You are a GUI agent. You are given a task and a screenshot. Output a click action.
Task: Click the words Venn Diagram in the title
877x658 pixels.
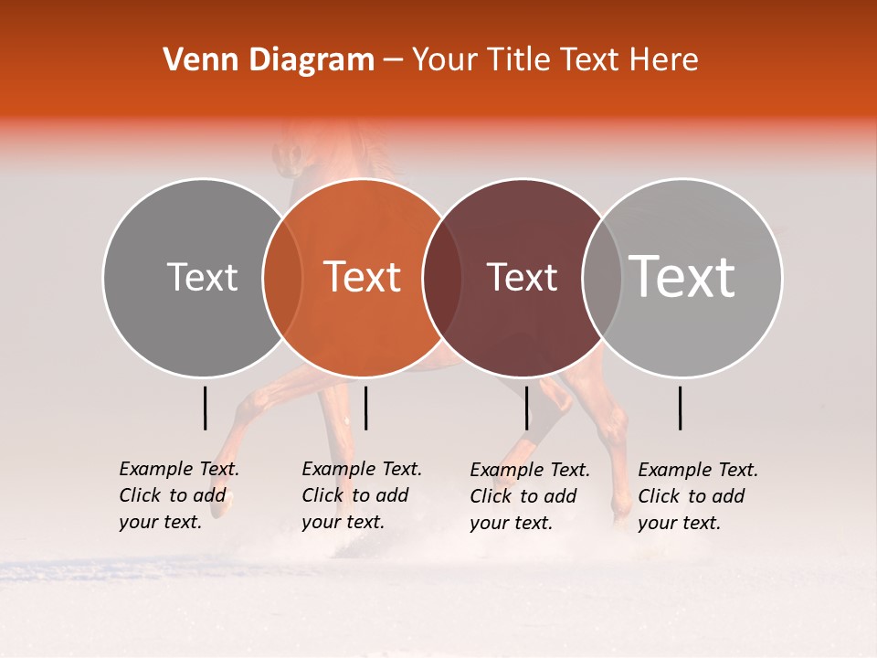coord(269,60)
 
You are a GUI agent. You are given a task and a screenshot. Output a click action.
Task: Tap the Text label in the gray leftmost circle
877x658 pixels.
coord(202,277)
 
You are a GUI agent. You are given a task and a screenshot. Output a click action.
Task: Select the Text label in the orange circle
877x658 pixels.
coord(363,277)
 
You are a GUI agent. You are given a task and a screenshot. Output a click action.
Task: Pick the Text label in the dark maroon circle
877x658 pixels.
coord(523,277)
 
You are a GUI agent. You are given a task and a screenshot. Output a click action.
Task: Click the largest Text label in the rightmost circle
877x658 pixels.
coord(682,277)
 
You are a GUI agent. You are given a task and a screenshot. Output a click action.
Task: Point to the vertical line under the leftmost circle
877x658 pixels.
coord(206,408)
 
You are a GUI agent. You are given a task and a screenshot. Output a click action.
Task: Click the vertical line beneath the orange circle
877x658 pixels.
coord(365,408)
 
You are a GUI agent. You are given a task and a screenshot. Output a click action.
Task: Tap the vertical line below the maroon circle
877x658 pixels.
coord(527,408)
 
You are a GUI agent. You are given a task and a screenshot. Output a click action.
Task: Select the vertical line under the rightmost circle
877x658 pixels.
coord(681,408)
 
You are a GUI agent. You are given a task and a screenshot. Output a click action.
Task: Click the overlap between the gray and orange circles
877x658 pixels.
coord(282,278)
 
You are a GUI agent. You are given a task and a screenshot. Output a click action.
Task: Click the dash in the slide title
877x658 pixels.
coord(393,60)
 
